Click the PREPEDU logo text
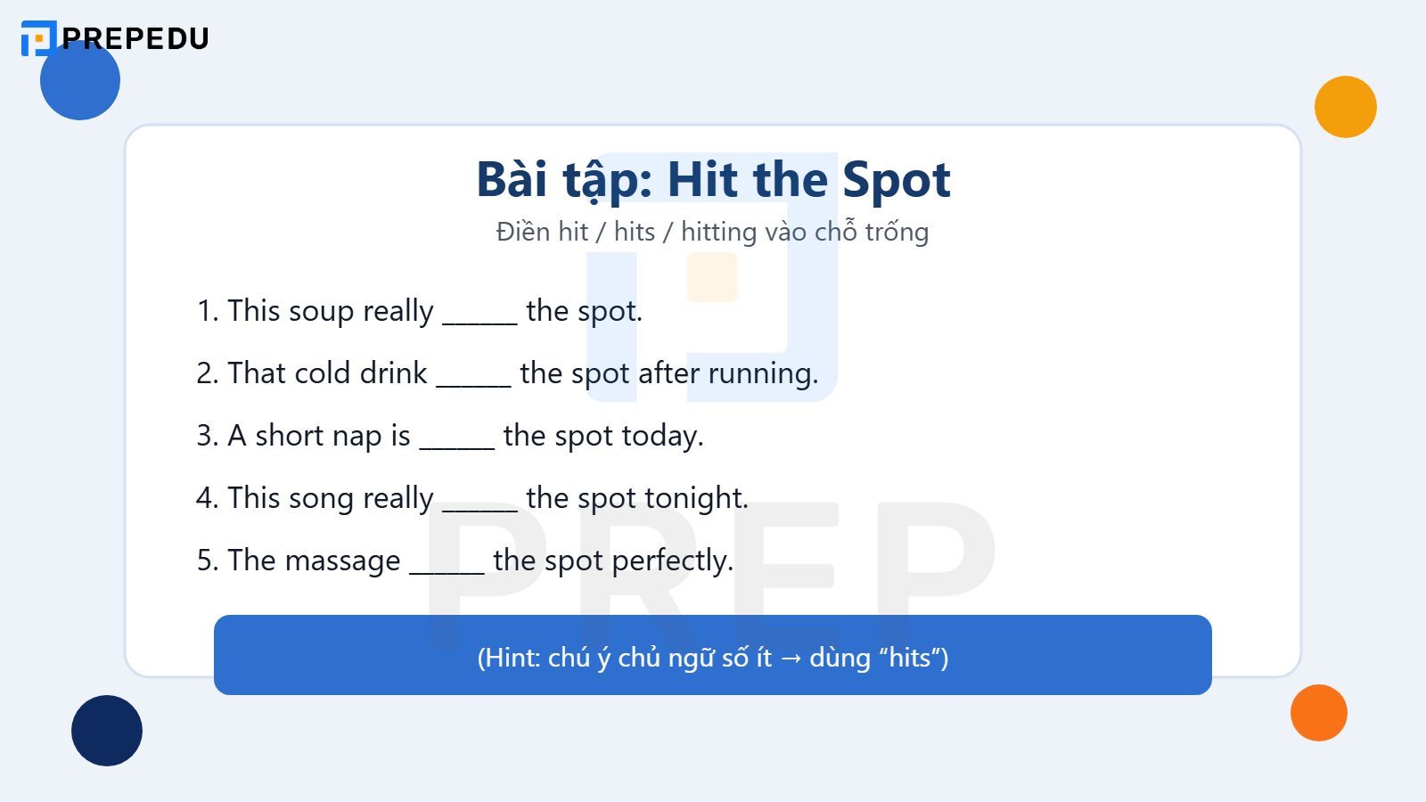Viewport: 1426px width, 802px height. click(x=135, y=38)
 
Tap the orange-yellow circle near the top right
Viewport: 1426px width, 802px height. click(x=1345, y=107)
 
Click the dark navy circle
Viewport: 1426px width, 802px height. click(x=107, y=731)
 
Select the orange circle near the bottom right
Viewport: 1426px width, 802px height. click(x=1318, y=713)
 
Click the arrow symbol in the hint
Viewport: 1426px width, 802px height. click(x=791, y=658)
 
